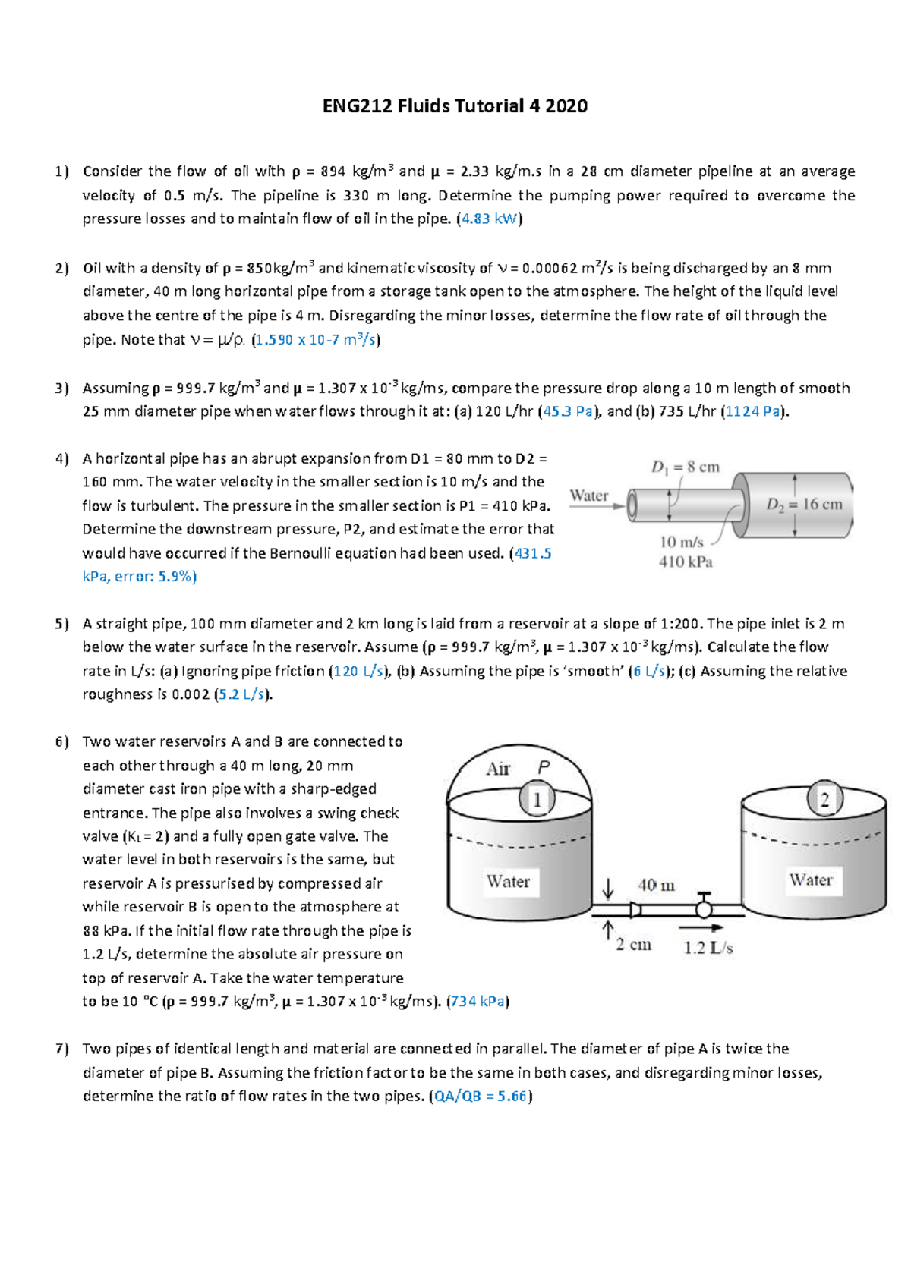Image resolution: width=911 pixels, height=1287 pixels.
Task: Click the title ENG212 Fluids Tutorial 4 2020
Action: click(455, 106)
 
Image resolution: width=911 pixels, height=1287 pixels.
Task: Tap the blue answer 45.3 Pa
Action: click(567, 411)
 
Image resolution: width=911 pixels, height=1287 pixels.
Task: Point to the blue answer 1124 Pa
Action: click(754, 411)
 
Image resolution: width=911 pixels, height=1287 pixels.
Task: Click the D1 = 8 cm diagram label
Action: click(685, 467)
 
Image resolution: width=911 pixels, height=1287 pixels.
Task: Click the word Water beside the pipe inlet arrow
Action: click(588, 496)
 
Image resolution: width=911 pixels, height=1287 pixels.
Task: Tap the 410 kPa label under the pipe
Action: click(686, 562)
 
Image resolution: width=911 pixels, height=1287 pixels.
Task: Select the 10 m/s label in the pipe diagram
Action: click(682, 542)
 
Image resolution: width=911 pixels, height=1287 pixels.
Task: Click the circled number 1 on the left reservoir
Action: click(537, 799)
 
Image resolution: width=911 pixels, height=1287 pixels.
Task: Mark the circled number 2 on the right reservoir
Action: click(824, 798)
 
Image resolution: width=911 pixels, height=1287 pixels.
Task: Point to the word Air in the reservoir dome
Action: click(498, 769)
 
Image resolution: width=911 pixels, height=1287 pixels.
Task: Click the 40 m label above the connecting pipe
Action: click(657, 885)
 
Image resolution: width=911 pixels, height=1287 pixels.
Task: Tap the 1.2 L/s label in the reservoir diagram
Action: click(708, 948)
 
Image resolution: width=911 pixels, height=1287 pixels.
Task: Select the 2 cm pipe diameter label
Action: click(633, 945)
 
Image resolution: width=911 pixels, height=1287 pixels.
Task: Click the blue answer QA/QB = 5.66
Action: click(481, 1097)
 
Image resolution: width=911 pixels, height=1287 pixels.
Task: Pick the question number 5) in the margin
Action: click(61, 624)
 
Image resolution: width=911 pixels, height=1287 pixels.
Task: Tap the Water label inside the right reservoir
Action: click(811, 880)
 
